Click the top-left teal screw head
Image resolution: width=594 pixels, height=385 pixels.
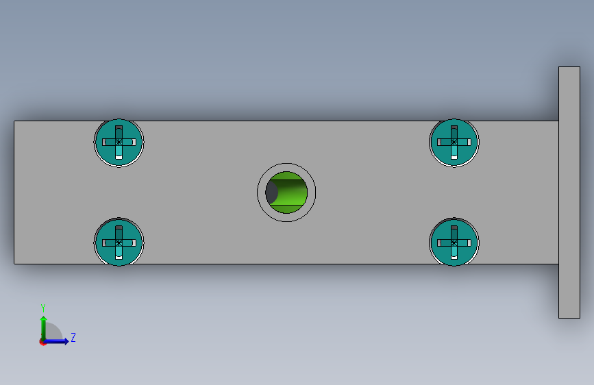[x=119, y=142]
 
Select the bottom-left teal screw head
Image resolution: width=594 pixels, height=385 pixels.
[x=119, y=242]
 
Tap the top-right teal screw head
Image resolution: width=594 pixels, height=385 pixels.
[x=454, y=142]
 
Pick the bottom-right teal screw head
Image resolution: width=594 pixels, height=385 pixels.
[x=454, y=242]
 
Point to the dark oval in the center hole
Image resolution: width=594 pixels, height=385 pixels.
[x=271, y=192]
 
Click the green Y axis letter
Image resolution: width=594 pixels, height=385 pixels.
[x=43, y=308]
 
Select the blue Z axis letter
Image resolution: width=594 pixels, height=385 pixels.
[x=73, y=337]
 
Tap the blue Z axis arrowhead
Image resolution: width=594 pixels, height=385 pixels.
[x=66, y=341]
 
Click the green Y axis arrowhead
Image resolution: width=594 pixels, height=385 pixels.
[x=44, y=319]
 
